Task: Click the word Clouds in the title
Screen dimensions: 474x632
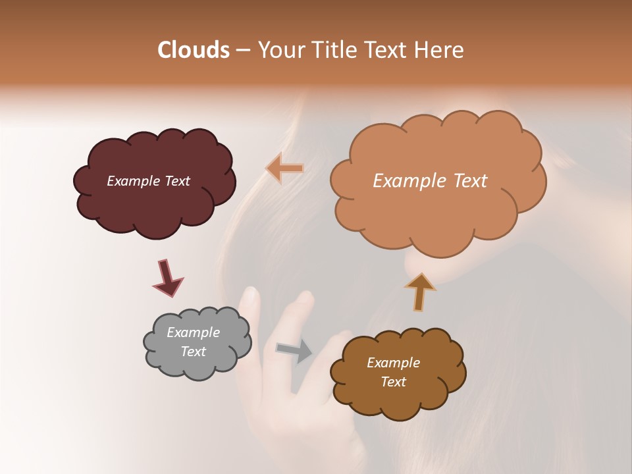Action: (x=193, y=50)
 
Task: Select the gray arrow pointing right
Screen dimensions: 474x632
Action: (x=294, y=350)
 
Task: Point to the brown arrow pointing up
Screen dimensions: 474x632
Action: (x=420, y=290)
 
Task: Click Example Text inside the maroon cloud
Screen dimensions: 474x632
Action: (x=148, y=181)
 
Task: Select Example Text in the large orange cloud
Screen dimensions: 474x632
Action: (x=430, y=181)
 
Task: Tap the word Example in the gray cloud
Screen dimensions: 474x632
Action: (x=193, y=332)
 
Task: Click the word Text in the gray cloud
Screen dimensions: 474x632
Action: (x=193, y=352)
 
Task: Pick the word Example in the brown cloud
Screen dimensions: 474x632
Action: (x=393, y=363)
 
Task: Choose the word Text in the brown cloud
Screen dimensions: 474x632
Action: (x=393, y=382)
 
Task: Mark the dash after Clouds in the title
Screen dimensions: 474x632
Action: (x=242, y=50)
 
